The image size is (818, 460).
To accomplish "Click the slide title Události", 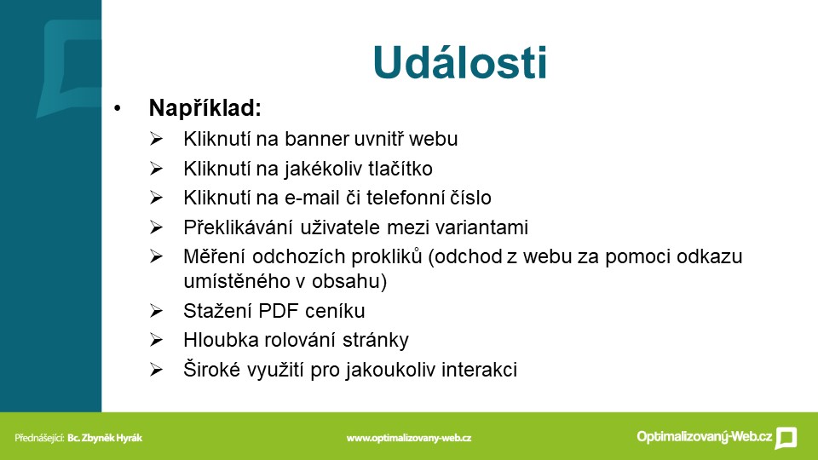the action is coord(460,62).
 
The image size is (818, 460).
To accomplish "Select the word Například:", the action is coord(205,108).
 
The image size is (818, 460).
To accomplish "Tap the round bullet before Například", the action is coord(118,108).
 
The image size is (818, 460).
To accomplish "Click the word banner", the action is coord(317,139).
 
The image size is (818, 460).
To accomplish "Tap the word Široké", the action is coord(212,370).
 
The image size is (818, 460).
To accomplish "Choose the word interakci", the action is coord(480,370).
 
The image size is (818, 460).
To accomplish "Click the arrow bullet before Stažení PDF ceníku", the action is coord(156,311).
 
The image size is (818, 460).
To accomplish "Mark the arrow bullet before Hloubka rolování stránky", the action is coord(156,340).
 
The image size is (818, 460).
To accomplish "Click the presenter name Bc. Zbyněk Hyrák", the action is coord(104,438).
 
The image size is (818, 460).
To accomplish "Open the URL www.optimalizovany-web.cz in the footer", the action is coord(408,438).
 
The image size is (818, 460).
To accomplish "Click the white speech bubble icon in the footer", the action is coord(786,438).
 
